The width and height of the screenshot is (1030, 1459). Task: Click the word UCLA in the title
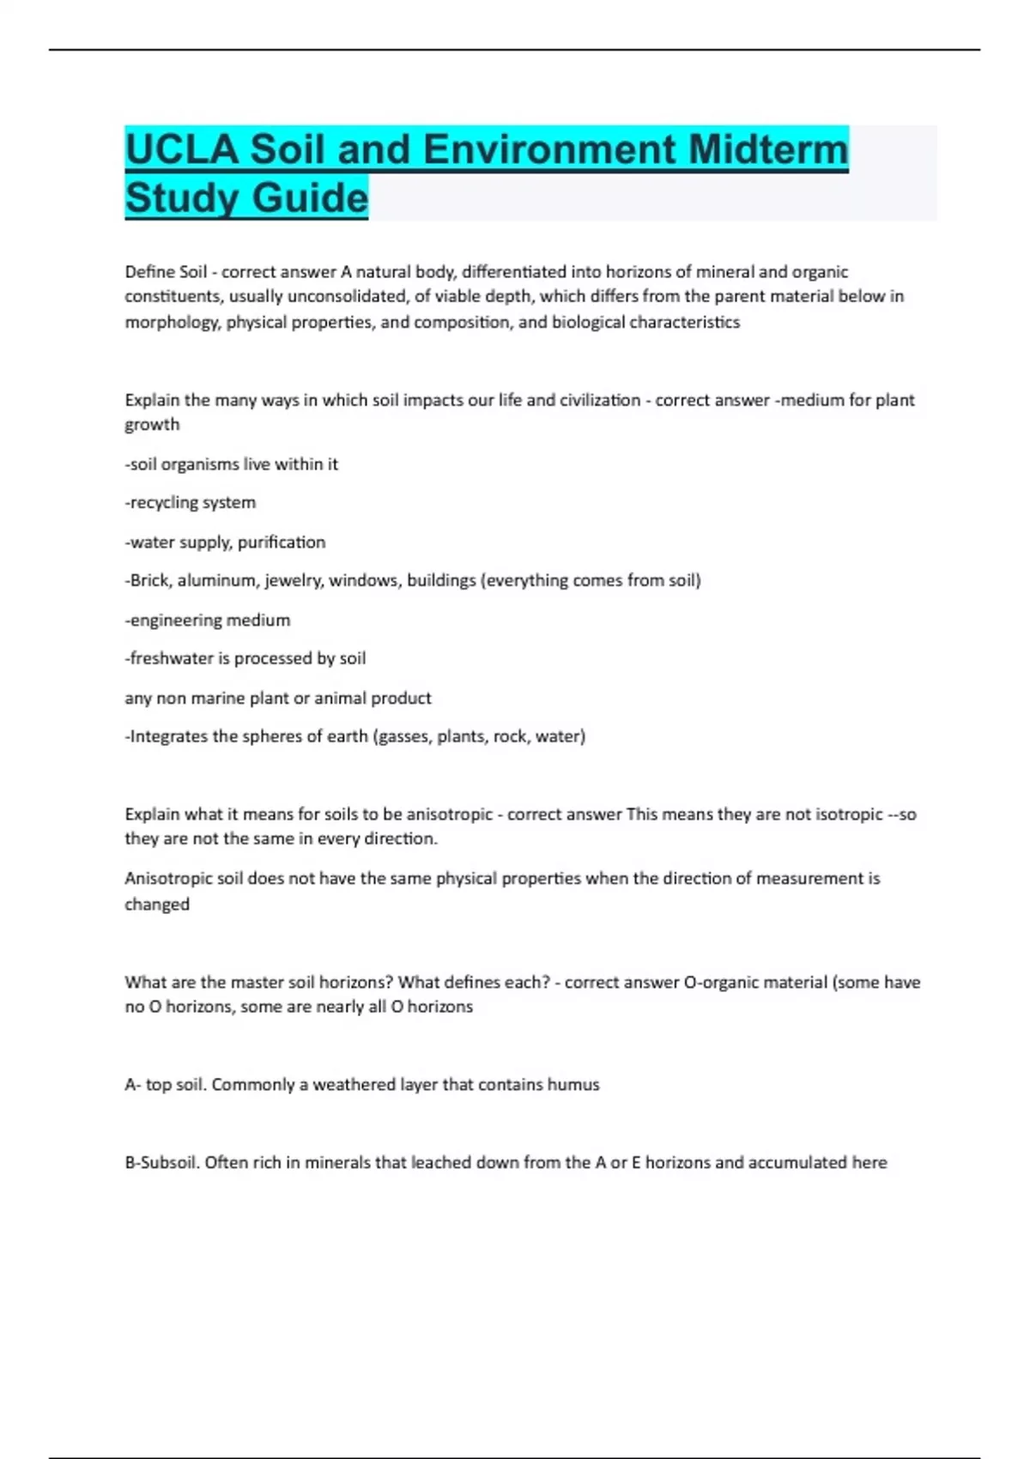tap(181, 149)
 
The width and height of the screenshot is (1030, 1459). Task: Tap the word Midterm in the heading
tap(767, 149)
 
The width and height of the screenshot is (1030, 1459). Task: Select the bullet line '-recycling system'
tap(191, 502)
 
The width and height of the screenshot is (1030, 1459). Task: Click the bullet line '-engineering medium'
tap(208, 620)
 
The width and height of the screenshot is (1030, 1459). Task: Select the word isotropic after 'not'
tap(849, 814)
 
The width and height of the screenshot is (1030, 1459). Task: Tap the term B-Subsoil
tap(162, 1163)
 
